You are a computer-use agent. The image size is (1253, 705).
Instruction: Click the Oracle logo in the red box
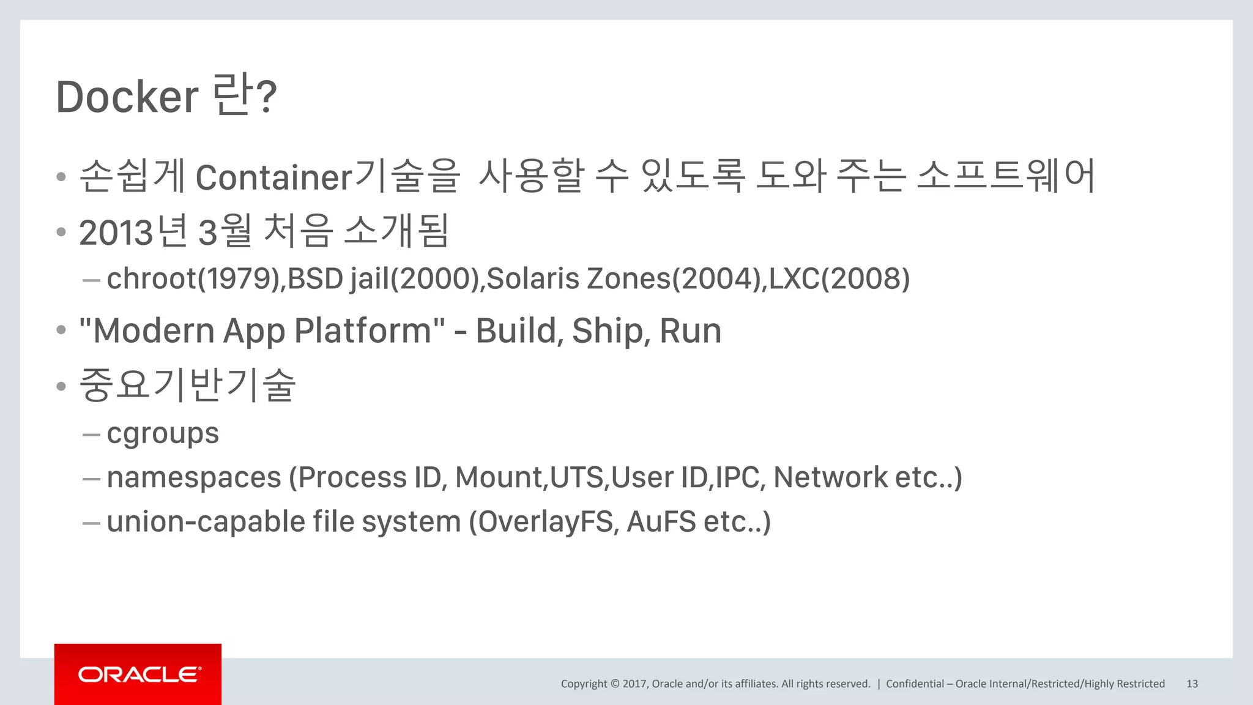[139, 674]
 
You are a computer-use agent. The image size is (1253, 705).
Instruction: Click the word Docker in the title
[127, 97]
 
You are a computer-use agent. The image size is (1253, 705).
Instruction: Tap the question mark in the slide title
[266, 97]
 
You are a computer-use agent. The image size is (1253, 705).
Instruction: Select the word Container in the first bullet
[273, 177]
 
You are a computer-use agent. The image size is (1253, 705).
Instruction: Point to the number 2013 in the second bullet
[116, 233]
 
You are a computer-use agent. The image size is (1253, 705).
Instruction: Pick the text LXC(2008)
[839, 279]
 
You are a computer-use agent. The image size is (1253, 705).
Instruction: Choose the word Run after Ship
[691, 331]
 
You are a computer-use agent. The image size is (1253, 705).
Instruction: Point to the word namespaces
[194, 478]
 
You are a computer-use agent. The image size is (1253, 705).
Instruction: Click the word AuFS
[661, 522]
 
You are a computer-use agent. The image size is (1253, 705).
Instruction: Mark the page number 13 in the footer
[1192, 684]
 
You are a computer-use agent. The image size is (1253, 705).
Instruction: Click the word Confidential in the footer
[915, 684]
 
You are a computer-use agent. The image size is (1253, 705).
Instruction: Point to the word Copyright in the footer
[584, 684]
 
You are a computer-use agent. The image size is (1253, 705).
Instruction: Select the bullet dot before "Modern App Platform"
[61, 330]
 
